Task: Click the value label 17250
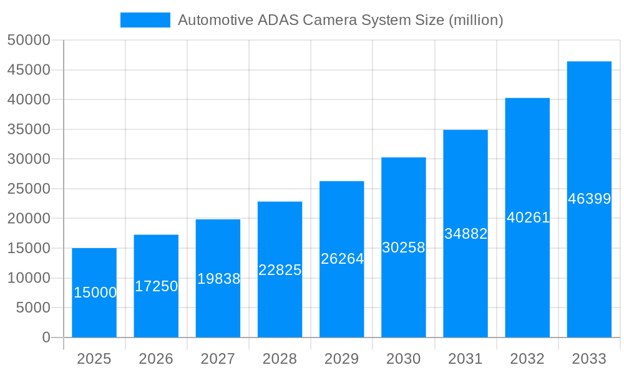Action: tap(156, 286)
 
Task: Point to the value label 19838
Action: tap(218, 279)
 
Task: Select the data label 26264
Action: tap(342, 259)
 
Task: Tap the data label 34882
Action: tap(466, 234)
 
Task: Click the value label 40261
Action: tap(528, 217)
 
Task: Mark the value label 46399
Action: tap(589, 199)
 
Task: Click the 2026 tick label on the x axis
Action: tap(156, 359)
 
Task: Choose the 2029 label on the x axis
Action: tap(342, 359)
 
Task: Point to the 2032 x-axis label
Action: tap(527, 359)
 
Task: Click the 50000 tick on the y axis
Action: tap(29, 41)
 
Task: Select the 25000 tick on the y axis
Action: tap(29, 189)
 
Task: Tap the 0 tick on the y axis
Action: tap(46, 337)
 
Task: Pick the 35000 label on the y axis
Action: tap(29, 129)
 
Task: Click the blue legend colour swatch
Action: tap(145, 20)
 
